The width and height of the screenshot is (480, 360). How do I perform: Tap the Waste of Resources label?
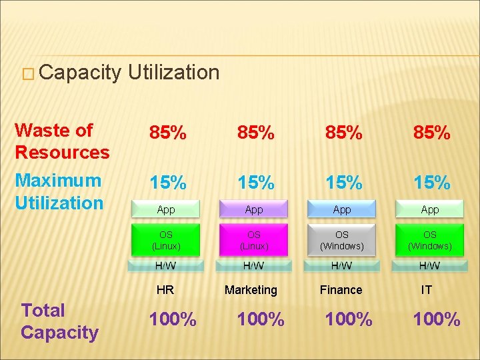[62, 141]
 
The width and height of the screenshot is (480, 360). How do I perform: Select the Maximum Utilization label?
[59, 191]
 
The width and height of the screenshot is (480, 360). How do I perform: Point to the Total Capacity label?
[59, 321]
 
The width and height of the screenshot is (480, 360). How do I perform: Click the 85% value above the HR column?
[168, 133]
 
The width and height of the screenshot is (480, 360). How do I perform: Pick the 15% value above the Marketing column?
[256, 182]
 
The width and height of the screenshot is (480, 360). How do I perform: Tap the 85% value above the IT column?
[431, 133]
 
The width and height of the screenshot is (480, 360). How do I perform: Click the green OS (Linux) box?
[165, 240]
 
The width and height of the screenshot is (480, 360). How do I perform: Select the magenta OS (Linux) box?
[253, 240]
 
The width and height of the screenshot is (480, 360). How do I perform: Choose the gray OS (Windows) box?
[341, 240]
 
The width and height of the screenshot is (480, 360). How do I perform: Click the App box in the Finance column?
[341, 209]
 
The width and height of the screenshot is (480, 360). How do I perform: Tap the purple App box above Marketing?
[253, 209]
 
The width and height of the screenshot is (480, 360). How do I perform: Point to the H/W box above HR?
[165, 266]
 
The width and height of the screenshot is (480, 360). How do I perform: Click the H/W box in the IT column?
[429, 266]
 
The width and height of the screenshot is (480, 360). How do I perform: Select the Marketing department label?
[251, 290]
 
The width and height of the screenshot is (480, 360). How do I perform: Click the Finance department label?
[341, 290]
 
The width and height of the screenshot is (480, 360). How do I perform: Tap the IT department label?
[427, 290]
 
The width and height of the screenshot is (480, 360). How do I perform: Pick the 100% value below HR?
[173, 319]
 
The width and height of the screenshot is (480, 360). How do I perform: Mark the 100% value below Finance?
[349, 319]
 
